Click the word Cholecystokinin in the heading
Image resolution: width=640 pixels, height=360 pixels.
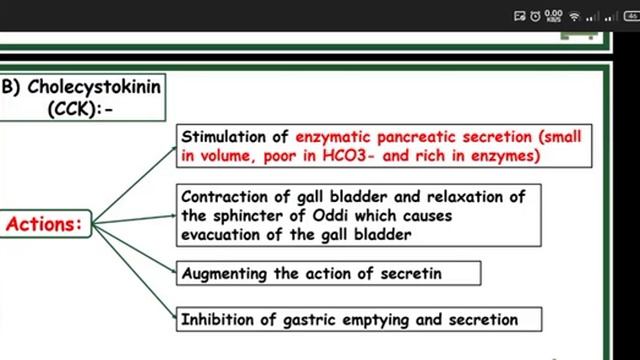(94, 87)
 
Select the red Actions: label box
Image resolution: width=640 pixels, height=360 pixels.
(43, 224)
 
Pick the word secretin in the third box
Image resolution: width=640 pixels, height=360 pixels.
(437, 273)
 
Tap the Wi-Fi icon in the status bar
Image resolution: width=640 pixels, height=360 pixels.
(575, 16)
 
